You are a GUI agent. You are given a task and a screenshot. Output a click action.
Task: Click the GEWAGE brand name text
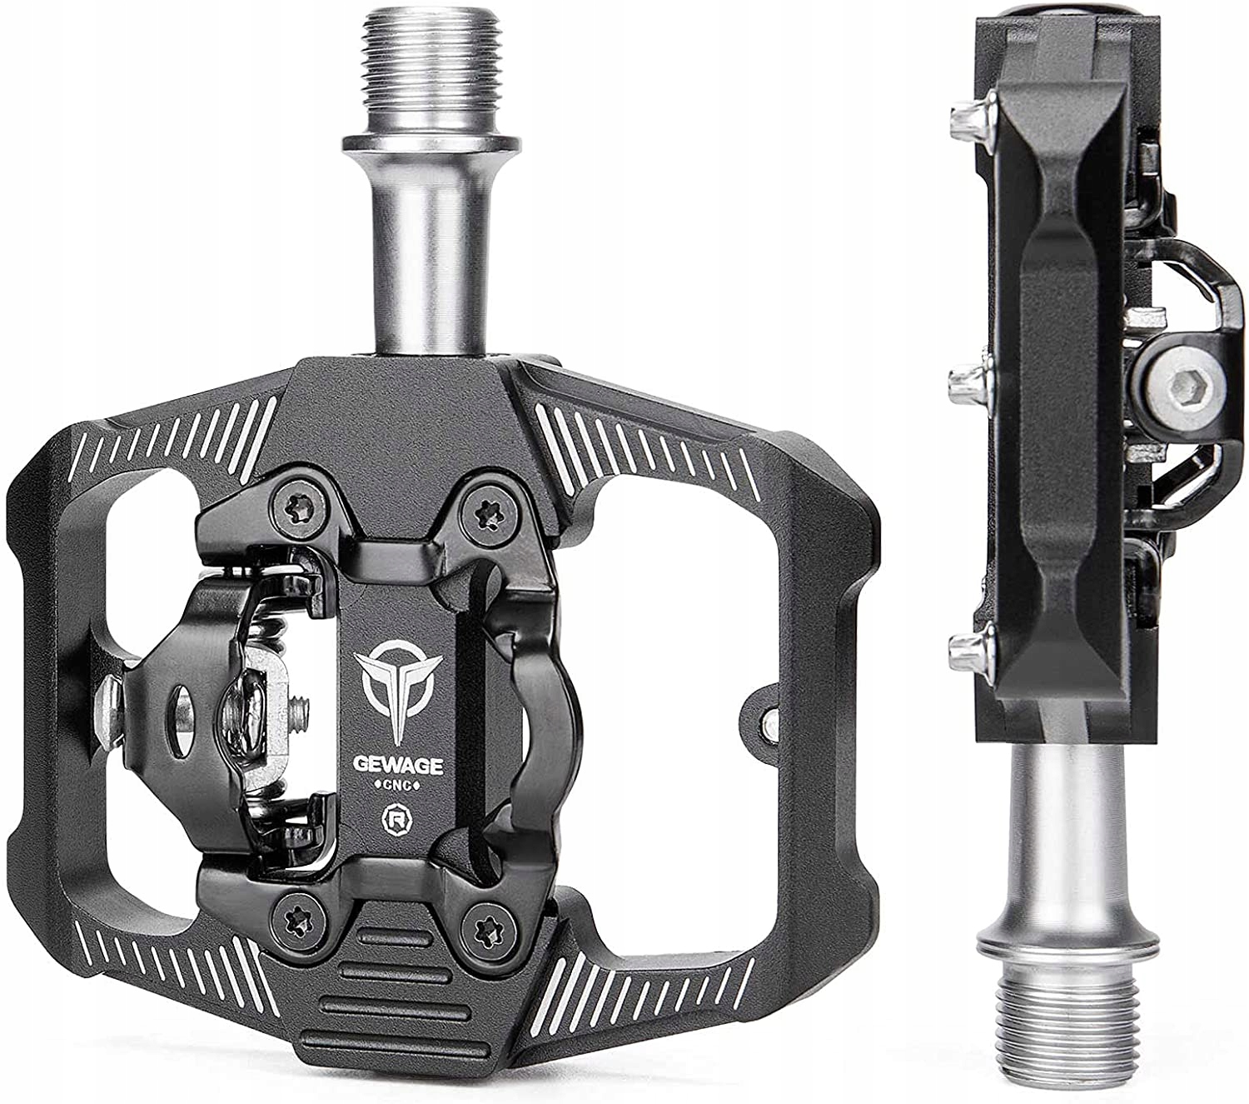pyautogui.click(x=399, y=766)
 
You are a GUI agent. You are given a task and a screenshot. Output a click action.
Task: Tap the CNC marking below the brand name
pyautogui.click(x=398, y=787)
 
